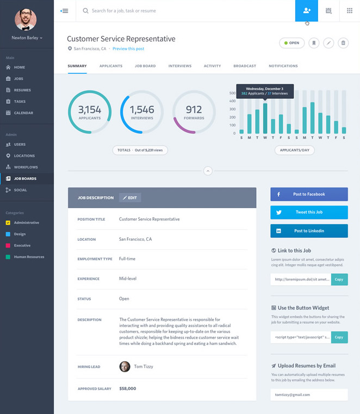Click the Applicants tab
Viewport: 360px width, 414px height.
point(110,66)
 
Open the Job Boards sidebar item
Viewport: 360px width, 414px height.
point(24,178)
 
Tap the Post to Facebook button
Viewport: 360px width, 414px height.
point(309,194)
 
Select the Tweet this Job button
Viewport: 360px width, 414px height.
point(309,212)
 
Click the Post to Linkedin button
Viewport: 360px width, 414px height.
point(309,230)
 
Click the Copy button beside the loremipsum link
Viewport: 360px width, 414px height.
point(339,279)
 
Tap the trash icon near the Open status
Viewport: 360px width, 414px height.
point(343,43)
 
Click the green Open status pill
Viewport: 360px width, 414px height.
point(291,43)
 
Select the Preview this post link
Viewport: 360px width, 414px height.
point(128,49)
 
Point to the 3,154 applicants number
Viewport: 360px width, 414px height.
point(90,109)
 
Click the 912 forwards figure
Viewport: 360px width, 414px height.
point(194,109)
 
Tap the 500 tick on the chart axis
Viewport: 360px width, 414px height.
point(232,93)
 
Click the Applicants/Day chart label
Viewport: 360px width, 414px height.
point(294,150)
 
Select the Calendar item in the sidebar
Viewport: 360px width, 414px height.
point(23,112)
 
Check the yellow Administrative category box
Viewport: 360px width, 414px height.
point(8,223)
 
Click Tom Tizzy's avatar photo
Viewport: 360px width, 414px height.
point(125,366)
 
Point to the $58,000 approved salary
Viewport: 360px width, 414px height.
point(128,388)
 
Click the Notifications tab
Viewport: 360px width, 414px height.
point(283,66)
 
